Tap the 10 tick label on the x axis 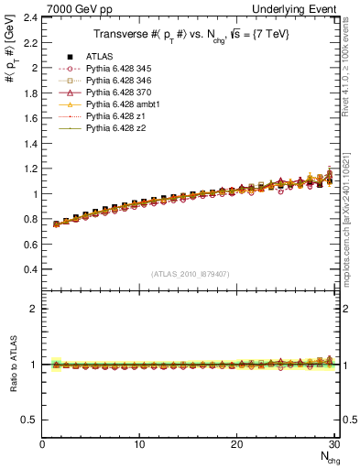click(x=139, y=444)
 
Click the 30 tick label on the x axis click(x=334, y=444)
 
